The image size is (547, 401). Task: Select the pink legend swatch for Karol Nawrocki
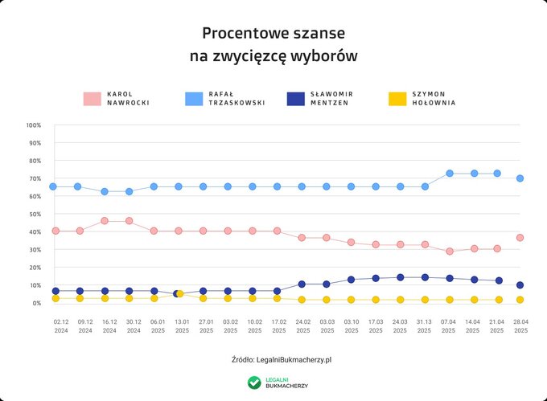click(x=94, y=99)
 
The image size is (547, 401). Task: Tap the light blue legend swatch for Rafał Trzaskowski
click(x=194, y=99)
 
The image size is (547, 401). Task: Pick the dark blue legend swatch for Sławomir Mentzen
click(x=296, y=99)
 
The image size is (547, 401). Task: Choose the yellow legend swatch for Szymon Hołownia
click(x=397, y=99)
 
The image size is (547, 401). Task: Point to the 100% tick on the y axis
click(x=33, y=125)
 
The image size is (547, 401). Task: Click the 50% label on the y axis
click(x=33, y=215)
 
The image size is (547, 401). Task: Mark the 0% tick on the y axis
click(x=35, y=303)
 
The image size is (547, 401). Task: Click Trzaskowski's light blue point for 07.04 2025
click(x=450, y=174)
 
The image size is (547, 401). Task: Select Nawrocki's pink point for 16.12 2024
click(x=105, y=220)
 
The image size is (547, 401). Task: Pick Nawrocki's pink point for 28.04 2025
click(x=520, y=238)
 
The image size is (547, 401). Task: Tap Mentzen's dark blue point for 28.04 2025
click(x=520, y=285)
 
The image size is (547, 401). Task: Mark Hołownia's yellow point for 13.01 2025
click(x=181, y=294)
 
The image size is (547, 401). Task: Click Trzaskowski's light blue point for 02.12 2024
click(x=53, y=186)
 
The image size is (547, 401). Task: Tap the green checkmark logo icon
click(x=254, y=383)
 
